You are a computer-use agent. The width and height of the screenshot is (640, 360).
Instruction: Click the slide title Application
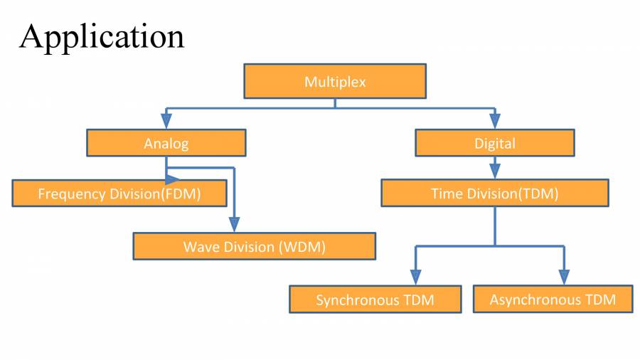[x=102, y=36]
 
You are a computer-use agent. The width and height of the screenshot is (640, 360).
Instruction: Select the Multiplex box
[x=335, y=81]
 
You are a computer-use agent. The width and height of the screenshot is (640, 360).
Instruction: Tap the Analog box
[x=166, y=143]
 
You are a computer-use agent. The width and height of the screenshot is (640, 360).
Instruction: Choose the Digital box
[x=495, y=143]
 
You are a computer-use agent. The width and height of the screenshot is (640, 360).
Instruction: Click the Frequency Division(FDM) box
[x=119, y=194]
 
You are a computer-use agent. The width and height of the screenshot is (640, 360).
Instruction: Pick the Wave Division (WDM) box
[x=254, y=247]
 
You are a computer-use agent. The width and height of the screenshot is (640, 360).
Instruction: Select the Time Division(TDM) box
[x=495, y=194]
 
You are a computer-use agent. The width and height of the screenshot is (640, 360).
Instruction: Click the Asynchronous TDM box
[x=553, y=300]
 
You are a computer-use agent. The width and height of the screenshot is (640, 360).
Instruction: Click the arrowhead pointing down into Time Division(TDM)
[x=495, y=171]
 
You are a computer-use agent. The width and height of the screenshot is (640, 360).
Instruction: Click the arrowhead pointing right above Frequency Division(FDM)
[x=174, y=181]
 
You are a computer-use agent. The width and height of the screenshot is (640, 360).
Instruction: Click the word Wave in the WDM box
[x=200, y=247]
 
